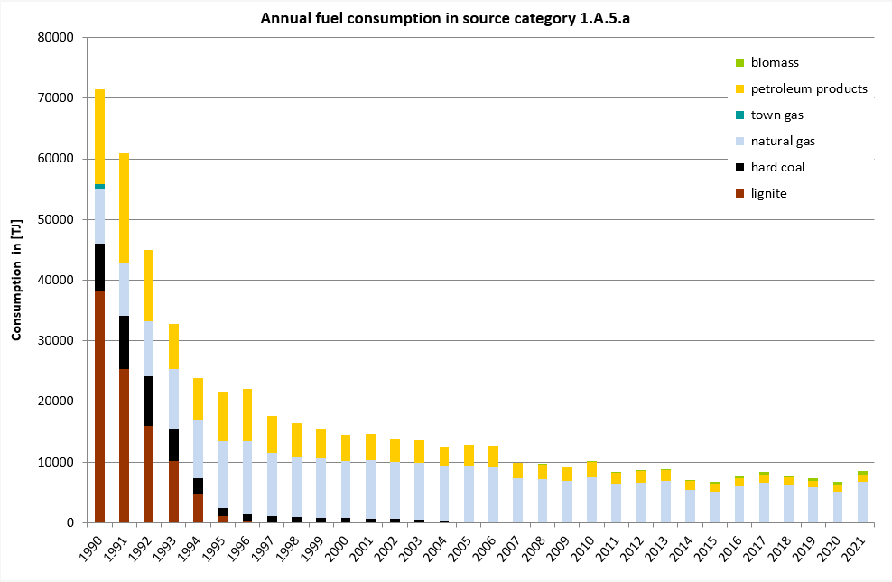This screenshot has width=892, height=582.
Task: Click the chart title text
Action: coord(445,18)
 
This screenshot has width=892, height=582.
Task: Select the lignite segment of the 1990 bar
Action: coord(99,406)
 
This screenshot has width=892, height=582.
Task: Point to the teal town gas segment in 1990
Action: coord(99,186)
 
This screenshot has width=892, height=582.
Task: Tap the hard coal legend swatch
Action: coord(739,167)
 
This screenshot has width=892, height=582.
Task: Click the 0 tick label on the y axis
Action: coord(68,523)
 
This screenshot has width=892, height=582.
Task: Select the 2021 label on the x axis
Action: coord(859,550)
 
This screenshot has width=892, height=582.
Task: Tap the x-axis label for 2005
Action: coord(466,550)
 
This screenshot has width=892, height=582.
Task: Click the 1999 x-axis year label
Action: coord(319,550)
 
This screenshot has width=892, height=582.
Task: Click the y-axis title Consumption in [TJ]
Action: coord(16,280)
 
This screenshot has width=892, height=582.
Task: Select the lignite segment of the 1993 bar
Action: coord(173,492)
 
